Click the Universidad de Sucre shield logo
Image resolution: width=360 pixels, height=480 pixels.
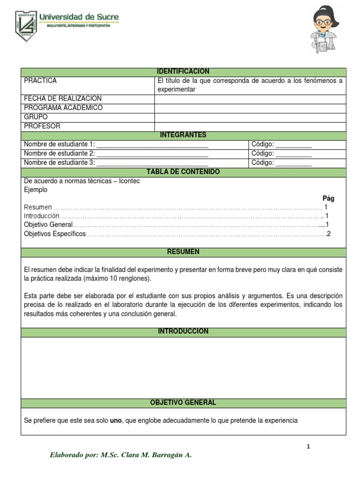tap(25, 25)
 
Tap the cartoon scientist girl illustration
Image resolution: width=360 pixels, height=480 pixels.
tap(325, 30)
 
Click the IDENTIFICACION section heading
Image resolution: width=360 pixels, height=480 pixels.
tap(183, 71)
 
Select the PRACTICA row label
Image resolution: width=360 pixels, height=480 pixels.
tap(40, 81)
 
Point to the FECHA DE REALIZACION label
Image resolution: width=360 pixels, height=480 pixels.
tap(63, 98)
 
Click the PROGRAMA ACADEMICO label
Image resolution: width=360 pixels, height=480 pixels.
tap(63, 108)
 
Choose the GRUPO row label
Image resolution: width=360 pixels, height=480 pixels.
tap(36, 117)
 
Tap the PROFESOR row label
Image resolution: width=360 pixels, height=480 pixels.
tap(42, 126)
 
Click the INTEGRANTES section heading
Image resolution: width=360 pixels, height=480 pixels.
tap(183, 135)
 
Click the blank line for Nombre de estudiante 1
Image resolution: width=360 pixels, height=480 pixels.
tap(152, 145)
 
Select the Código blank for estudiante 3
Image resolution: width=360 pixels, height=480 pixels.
tap(293, 163)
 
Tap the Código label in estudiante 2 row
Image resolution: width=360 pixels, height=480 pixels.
tap(262, 154)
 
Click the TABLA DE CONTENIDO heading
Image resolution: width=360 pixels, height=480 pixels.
tap(183, 172)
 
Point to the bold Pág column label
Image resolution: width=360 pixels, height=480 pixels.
tap(328, 198)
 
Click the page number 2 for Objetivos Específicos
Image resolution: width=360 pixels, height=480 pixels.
tap(329, 234)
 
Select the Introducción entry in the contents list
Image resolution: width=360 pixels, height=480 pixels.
tap(42, 216)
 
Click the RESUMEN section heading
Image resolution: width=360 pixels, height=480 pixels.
tap(183, 252)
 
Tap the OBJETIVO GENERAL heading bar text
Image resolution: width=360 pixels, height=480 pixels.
tap(183, 403)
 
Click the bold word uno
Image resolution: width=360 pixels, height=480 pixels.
tap(115, 420)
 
